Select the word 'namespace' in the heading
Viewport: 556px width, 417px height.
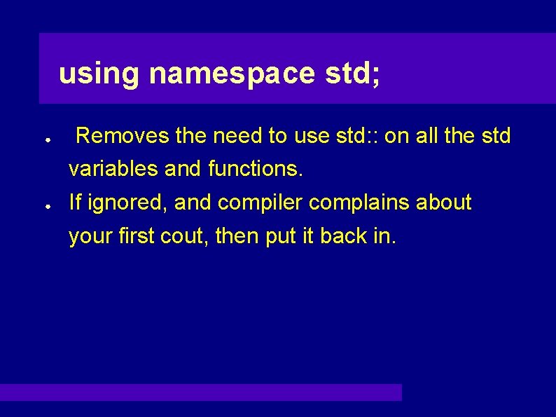click(x=232, y=74)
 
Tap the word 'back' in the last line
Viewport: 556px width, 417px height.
click(x=345, y=237)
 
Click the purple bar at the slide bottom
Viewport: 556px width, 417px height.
click(x=201, y=392)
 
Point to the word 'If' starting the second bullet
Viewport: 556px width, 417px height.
click(x=75, y=203)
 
